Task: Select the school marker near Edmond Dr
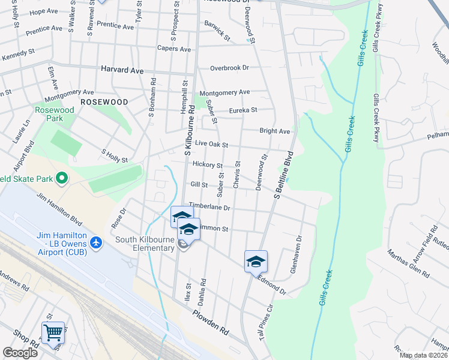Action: [255, 261]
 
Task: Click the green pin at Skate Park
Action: [61, 178]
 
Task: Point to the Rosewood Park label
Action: [54, 114]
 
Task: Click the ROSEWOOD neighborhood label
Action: [104, 102]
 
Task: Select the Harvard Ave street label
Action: [122, 70]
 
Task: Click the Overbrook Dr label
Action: [229, 68]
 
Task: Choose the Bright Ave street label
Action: [274, 131]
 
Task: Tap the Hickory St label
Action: [208, 165]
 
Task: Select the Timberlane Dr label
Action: [209, 206]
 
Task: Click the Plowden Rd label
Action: [211, 322]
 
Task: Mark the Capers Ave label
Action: [173, 48]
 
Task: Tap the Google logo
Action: [20, 353]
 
